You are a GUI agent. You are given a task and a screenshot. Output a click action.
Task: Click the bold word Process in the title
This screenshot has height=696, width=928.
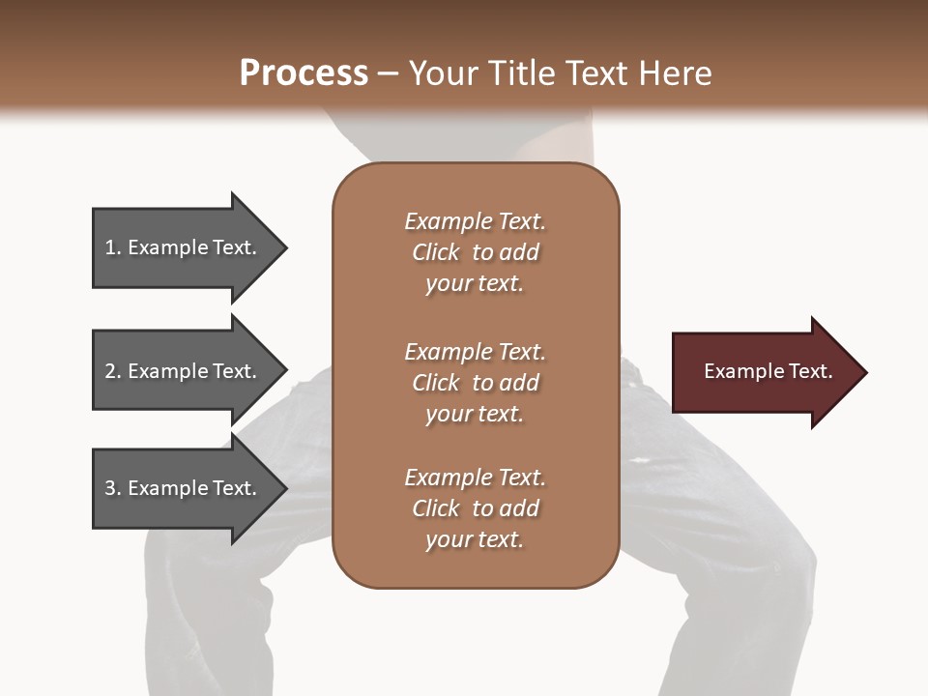click(x=304, y=73)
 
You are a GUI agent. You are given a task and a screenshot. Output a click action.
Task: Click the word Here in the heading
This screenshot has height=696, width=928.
click(x=674, y=73)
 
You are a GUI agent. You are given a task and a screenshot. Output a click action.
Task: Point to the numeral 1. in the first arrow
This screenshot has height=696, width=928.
click(x=113, y=247)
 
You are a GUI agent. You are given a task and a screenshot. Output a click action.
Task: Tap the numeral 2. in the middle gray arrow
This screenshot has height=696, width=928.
click(x=113, y=371)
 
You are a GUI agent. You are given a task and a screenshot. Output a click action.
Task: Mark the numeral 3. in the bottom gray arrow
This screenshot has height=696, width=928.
click(x=113, y=488)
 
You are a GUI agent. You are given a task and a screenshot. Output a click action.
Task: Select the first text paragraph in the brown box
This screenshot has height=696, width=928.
click(x=475, y=252)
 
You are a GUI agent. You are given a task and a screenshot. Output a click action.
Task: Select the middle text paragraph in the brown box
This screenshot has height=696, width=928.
click(x=475, y=383)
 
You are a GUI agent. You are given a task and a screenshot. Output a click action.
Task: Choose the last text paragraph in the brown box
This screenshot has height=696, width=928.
click(x=475, y=508)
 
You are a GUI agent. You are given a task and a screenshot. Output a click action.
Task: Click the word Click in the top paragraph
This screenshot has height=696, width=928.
click(x=436, y=252)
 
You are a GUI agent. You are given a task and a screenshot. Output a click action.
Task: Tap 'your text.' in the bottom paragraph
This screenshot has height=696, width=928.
click(x=475, y=539)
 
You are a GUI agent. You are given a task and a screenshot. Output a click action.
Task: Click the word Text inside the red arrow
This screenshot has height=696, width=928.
click(x=809, y=371)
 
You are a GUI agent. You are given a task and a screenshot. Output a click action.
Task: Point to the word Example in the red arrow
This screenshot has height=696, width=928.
click(x=741, y=371)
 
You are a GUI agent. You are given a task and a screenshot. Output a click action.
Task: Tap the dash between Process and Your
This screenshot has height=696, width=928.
click(x=389, y=74)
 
